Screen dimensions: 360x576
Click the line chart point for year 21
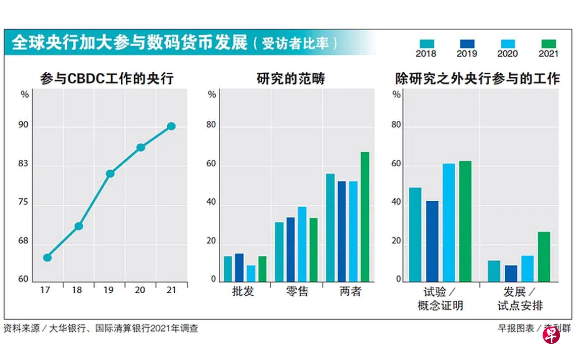pos(171,126)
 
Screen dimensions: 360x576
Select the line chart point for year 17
pos(47,257)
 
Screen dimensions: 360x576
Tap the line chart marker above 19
pos(110,173)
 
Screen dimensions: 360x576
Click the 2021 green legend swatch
pos(549,44)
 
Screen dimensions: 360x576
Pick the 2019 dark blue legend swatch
pos(467,44)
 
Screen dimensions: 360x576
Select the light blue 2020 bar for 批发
pos(251,273)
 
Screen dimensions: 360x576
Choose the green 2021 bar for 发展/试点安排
pos(544,256)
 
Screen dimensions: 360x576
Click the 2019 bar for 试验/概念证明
pos(432,241)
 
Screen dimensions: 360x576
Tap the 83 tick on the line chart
pos(23,164)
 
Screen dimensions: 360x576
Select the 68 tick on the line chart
pos(23,241)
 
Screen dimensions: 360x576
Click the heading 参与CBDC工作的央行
pos(107,78)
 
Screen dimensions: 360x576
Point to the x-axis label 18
pos(78,290)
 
